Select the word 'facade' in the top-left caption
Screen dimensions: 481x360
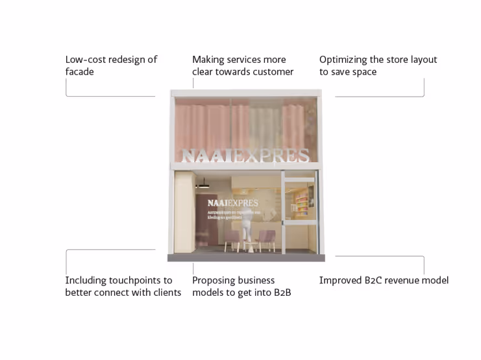pos(79,72)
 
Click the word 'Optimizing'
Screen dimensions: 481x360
pos(345,60)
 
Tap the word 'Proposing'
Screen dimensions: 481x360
pos(214,281)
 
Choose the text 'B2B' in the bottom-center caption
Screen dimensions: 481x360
pos(282,293)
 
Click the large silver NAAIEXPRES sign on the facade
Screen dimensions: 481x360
pos(245,156)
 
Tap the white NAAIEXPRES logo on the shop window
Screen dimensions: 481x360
pos(232,203)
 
